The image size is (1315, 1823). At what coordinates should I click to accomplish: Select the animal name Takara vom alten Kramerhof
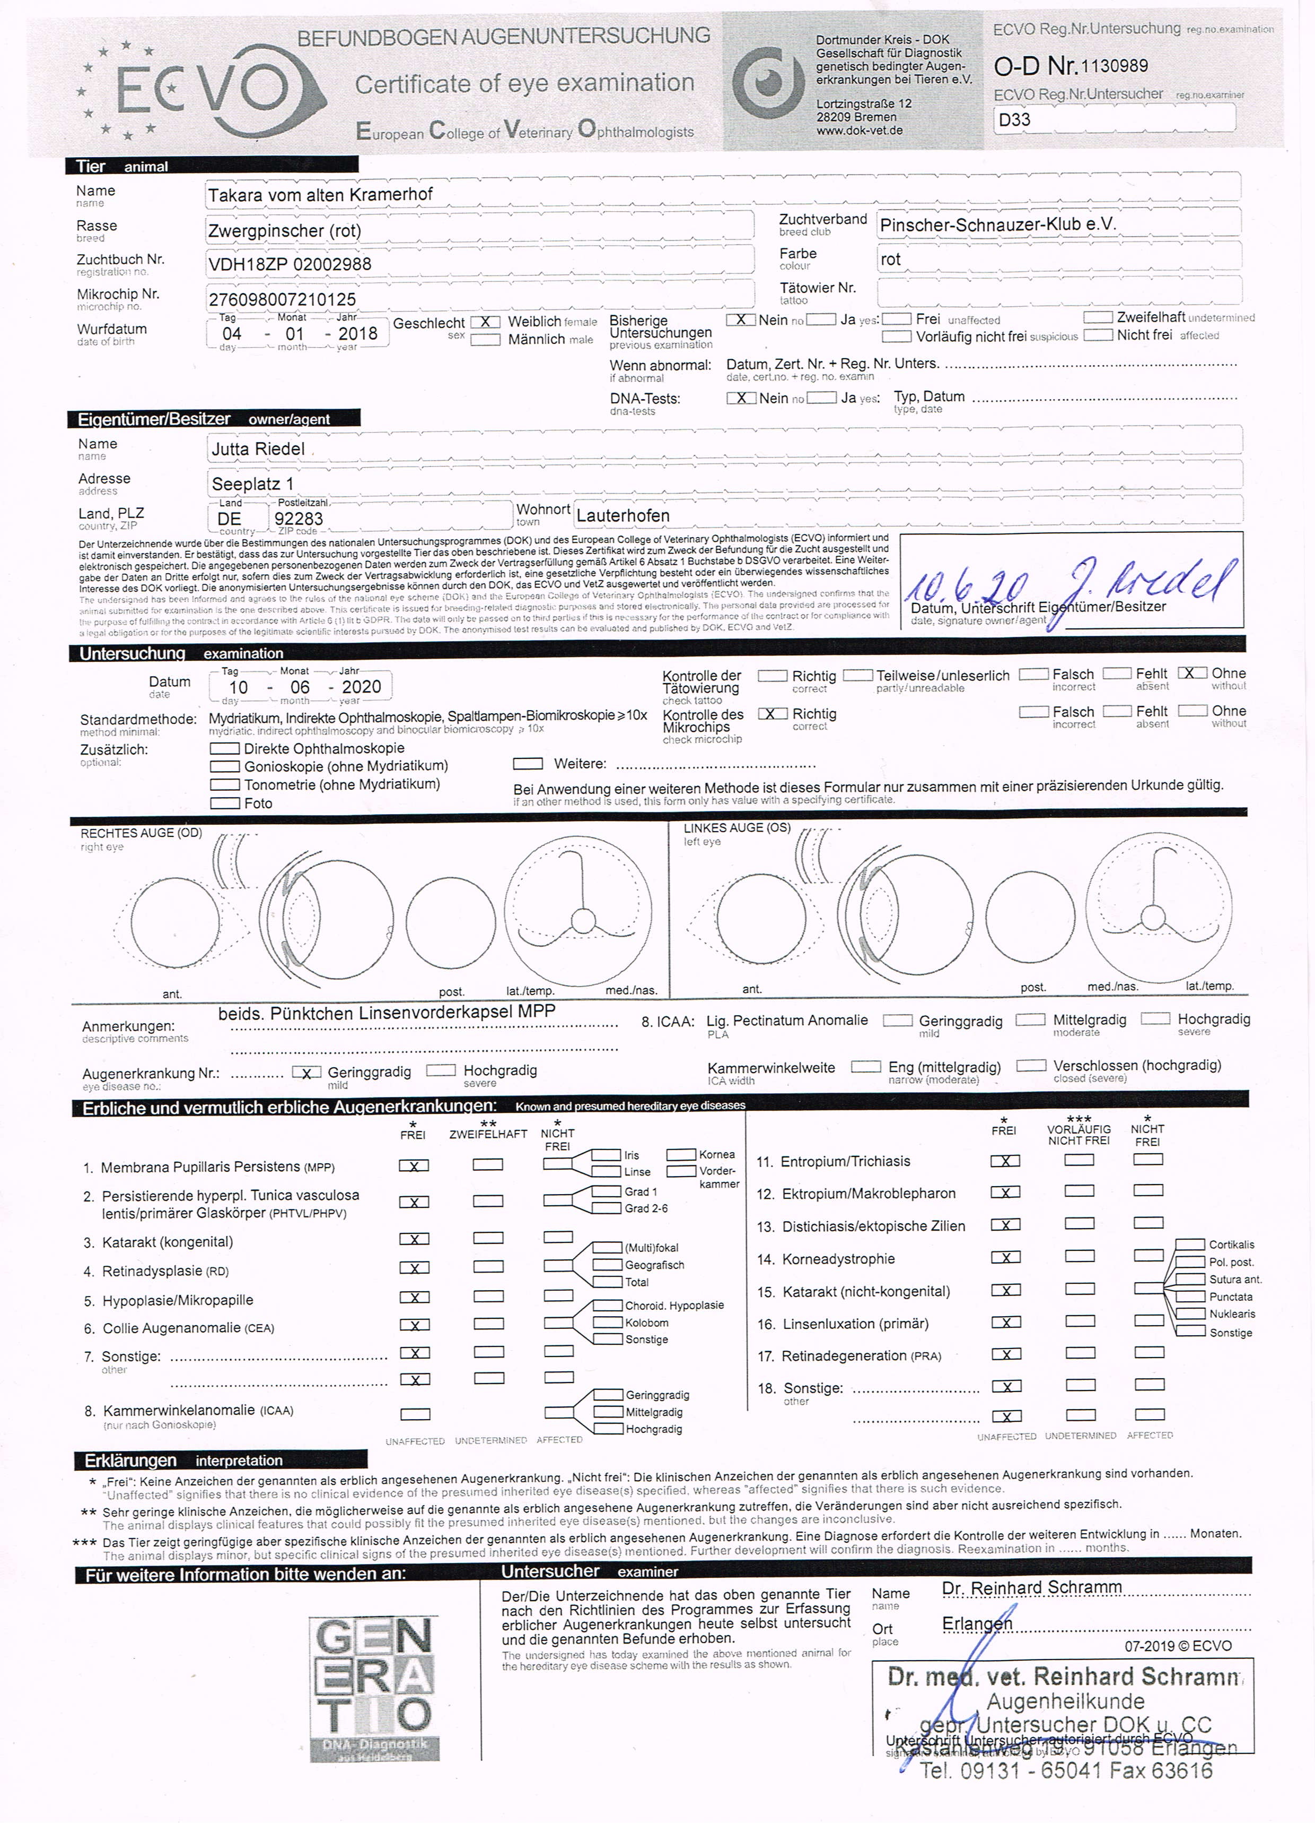click(x=320, y=195)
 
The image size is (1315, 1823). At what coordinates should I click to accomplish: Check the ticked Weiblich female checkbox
click(x=485, y=322)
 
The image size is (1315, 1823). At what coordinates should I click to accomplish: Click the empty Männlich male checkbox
click(x=485, y=339)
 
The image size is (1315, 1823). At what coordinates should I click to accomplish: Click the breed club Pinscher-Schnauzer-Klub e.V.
click(x=998, y=224)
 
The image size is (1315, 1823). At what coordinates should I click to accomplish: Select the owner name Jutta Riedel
click(x=258, y=448)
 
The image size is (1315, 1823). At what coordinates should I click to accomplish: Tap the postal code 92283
click(x=299, y=519)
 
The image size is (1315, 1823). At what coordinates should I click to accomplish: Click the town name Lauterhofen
click(x=623, y=515)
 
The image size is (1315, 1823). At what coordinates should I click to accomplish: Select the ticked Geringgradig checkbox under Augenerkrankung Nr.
click(x=307, y=1072)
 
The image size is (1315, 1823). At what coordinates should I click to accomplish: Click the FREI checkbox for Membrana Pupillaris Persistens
click(x=414, y=1165)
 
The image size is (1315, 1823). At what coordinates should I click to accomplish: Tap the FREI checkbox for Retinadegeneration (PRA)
click(x=1005, y=1354)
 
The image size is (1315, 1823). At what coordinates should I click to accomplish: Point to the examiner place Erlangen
click(x=977, y=1623)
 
